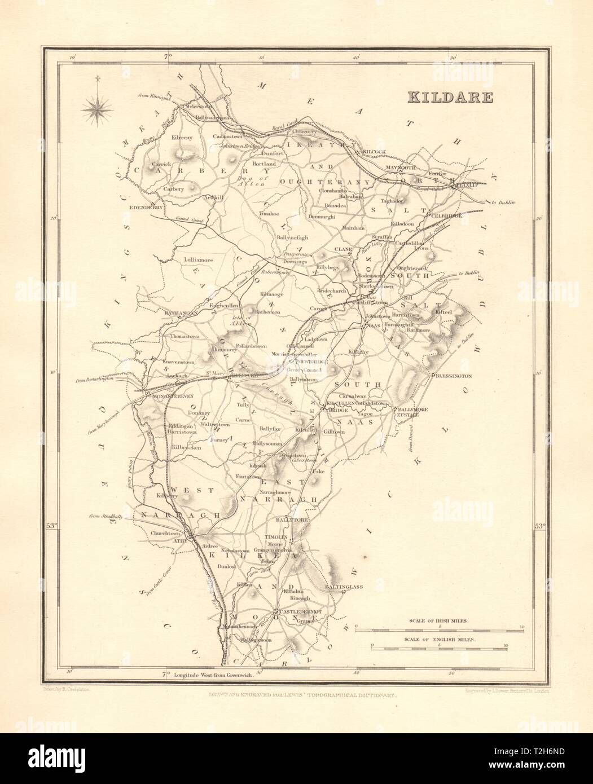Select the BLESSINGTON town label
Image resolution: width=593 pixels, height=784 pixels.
click(x=453, y=376)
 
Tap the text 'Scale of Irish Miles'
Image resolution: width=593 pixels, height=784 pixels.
click(x=438, y=621)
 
